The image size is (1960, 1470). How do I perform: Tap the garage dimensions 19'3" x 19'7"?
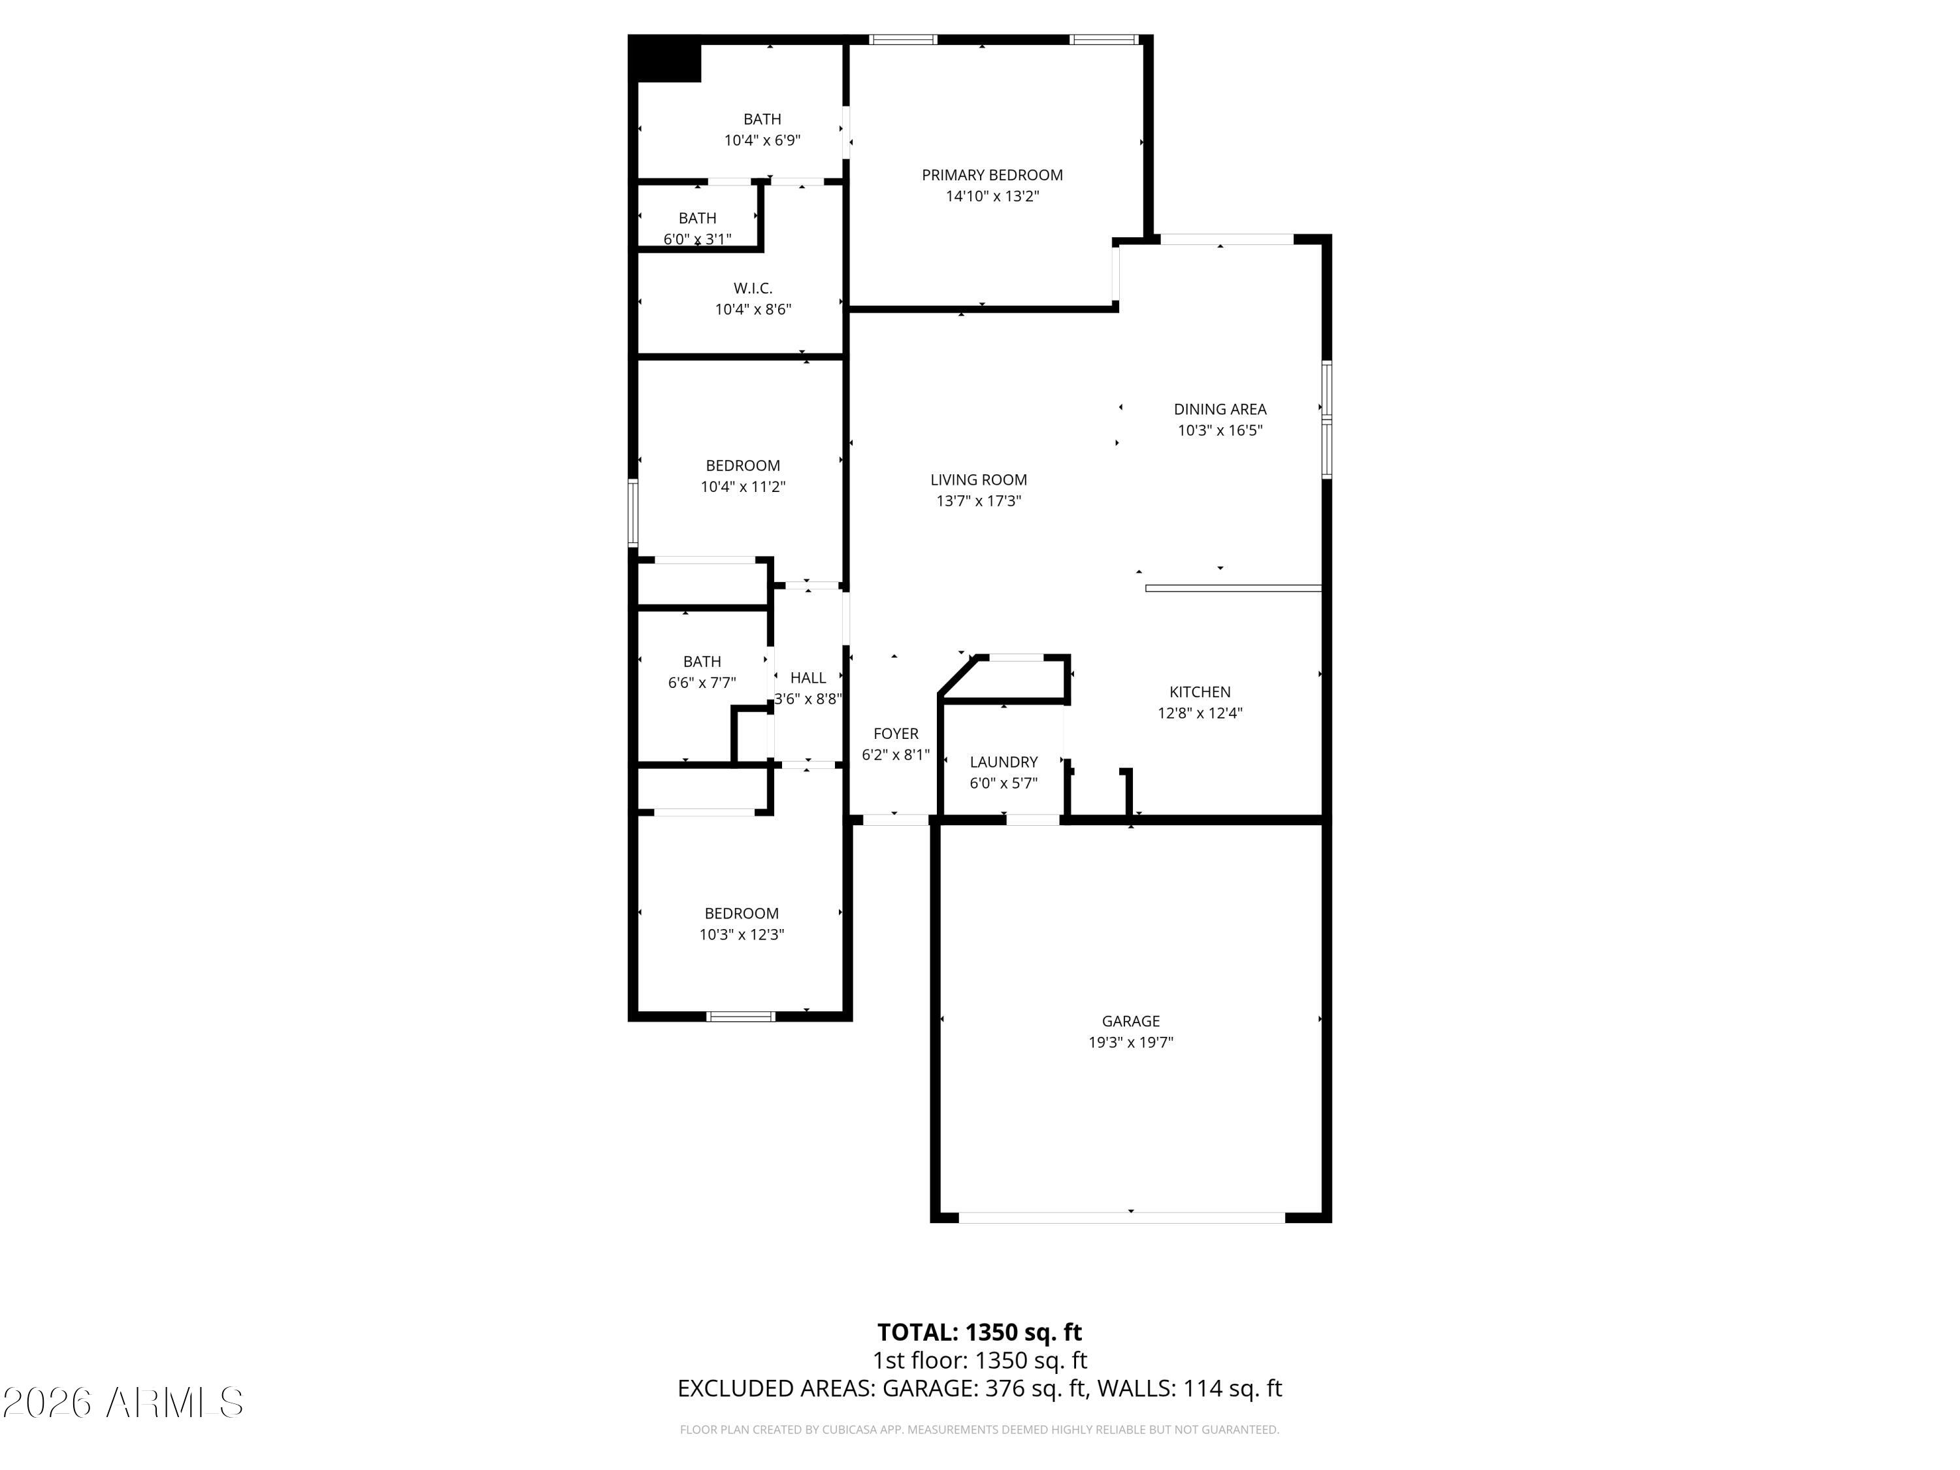(1131, 1043)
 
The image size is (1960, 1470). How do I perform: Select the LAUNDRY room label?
(1003, 762)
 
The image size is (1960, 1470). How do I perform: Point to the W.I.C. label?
(752, 289)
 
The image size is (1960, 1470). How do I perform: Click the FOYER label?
(895, 734)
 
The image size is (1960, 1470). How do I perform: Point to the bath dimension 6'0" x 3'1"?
(697, 239)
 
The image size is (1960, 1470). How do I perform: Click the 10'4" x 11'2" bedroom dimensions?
(743, 487)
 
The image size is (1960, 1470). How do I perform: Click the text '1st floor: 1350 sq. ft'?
(979, 1360)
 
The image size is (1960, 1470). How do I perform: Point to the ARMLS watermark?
(123, 1403)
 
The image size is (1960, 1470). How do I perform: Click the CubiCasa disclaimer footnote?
(979, 1429)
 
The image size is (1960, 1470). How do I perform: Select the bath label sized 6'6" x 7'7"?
(702, 662)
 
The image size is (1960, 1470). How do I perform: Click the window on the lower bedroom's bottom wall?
(741, 1017)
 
